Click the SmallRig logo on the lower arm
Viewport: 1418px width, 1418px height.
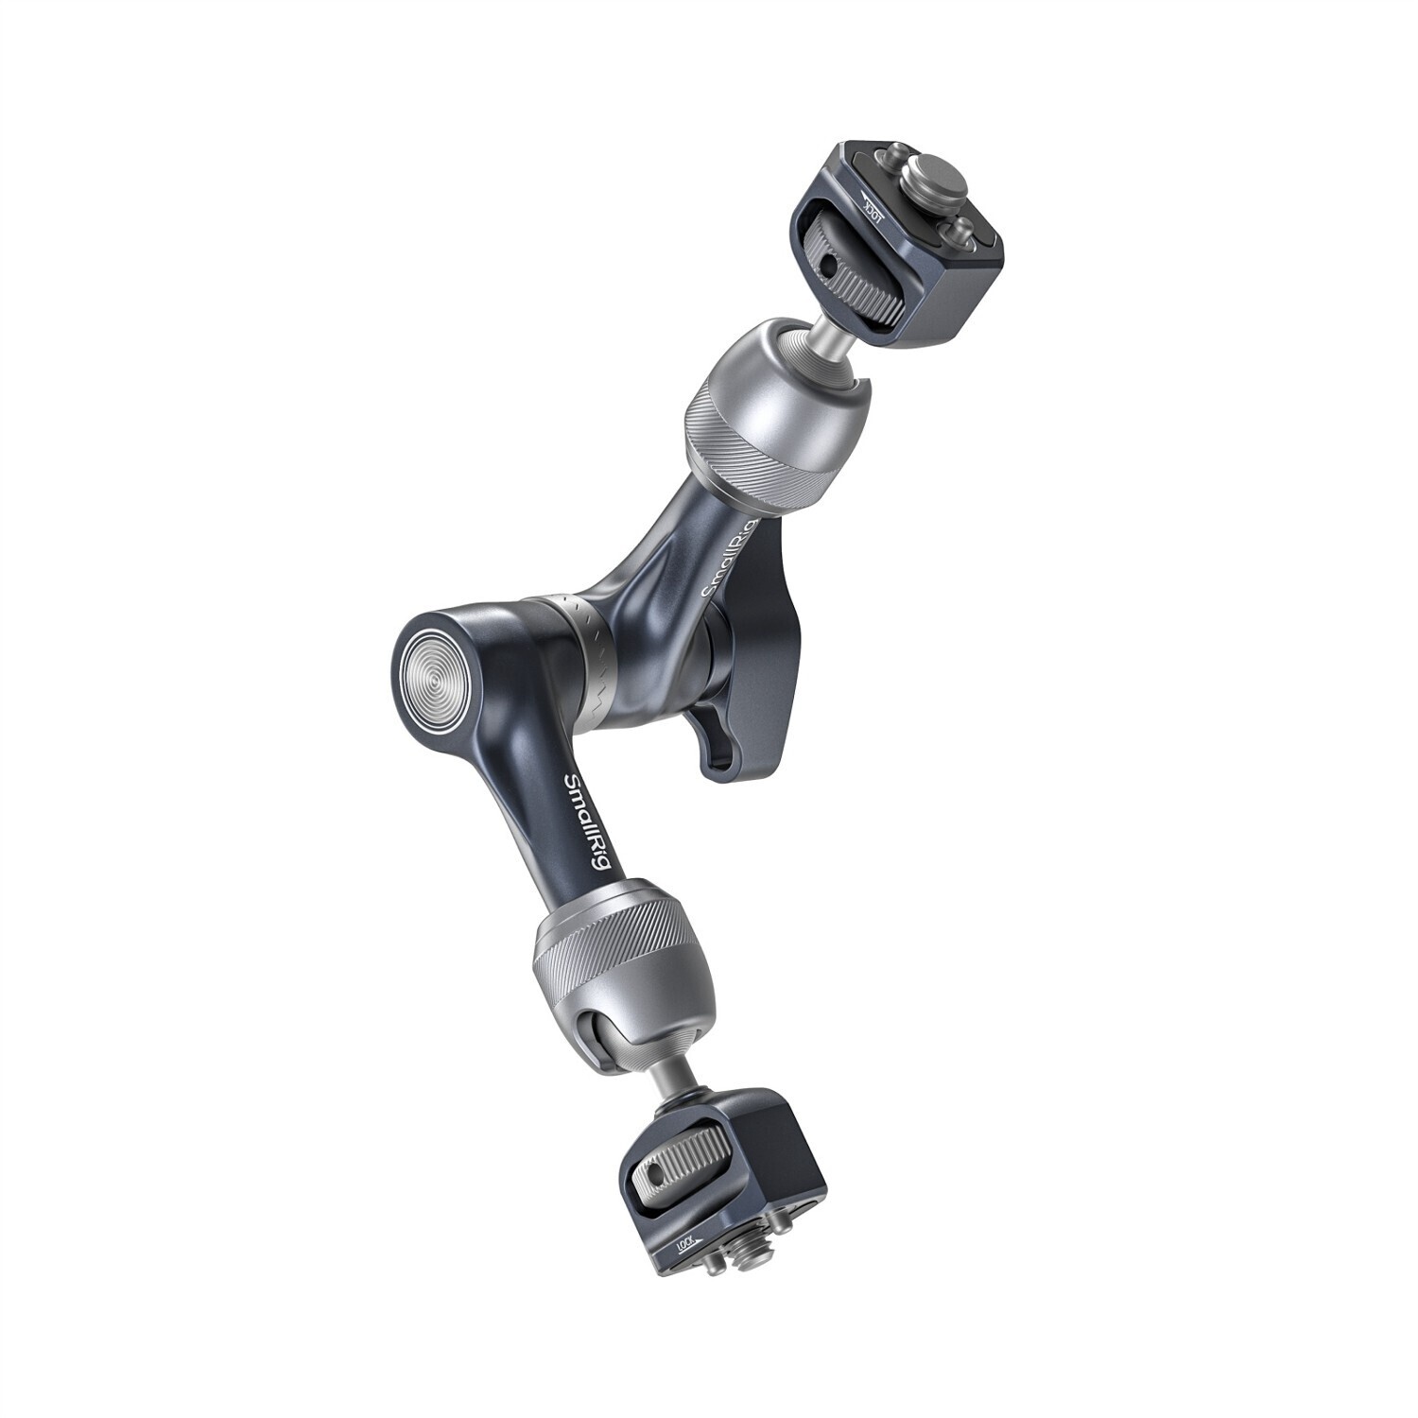(x=579, y=828)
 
